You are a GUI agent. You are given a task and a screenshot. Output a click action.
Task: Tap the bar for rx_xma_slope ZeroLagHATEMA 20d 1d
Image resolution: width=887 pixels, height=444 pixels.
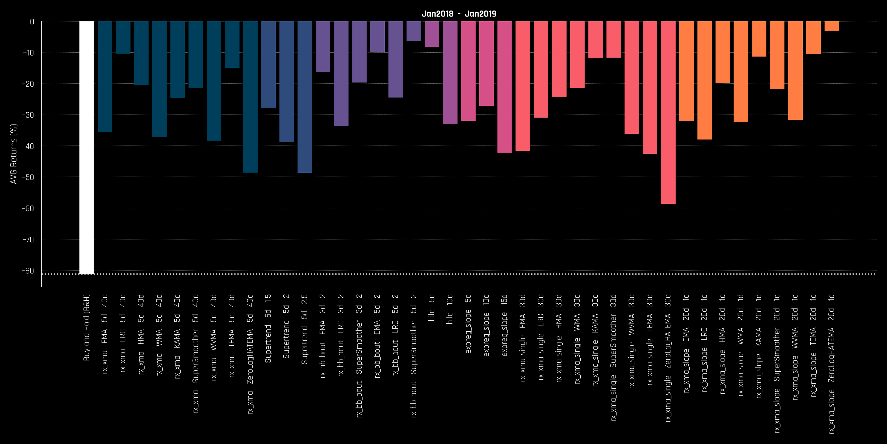tap(832, 26)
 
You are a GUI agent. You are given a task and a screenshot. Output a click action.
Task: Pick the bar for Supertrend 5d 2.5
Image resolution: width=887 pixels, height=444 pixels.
tap(304, 97)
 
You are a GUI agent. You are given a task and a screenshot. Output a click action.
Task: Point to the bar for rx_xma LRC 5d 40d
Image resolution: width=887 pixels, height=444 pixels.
tap(123, 37)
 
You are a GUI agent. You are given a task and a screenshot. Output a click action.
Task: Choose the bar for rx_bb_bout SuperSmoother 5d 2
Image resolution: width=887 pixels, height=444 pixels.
tap(414, 31)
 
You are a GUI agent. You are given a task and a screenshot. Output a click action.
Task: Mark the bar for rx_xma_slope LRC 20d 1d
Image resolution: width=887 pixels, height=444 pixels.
tap(704, 80)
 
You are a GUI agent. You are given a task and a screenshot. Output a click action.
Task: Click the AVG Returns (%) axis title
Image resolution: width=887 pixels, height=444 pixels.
tap(14, 154)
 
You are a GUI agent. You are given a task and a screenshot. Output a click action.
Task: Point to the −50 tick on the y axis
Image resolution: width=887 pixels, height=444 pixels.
tap(28, 177)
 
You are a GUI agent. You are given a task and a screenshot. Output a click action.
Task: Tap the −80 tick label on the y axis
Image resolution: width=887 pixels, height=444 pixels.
tap(28, 271)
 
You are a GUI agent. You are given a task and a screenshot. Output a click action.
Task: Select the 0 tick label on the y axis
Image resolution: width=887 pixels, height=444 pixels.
tap(32, 22)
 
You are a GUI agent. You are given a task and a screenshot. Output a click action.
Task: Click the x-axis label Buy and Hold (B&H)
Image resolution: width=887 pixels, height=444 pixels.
tap(87, 328)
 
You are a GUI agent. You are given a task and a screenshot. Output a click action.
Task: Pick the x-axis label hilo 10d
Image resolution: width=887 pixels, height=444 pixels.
tap(450, 309)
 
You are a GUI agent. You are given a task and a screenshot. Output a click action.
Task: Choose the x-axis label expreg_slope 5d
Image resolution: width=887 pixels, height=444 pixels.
tap(468, 324)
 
